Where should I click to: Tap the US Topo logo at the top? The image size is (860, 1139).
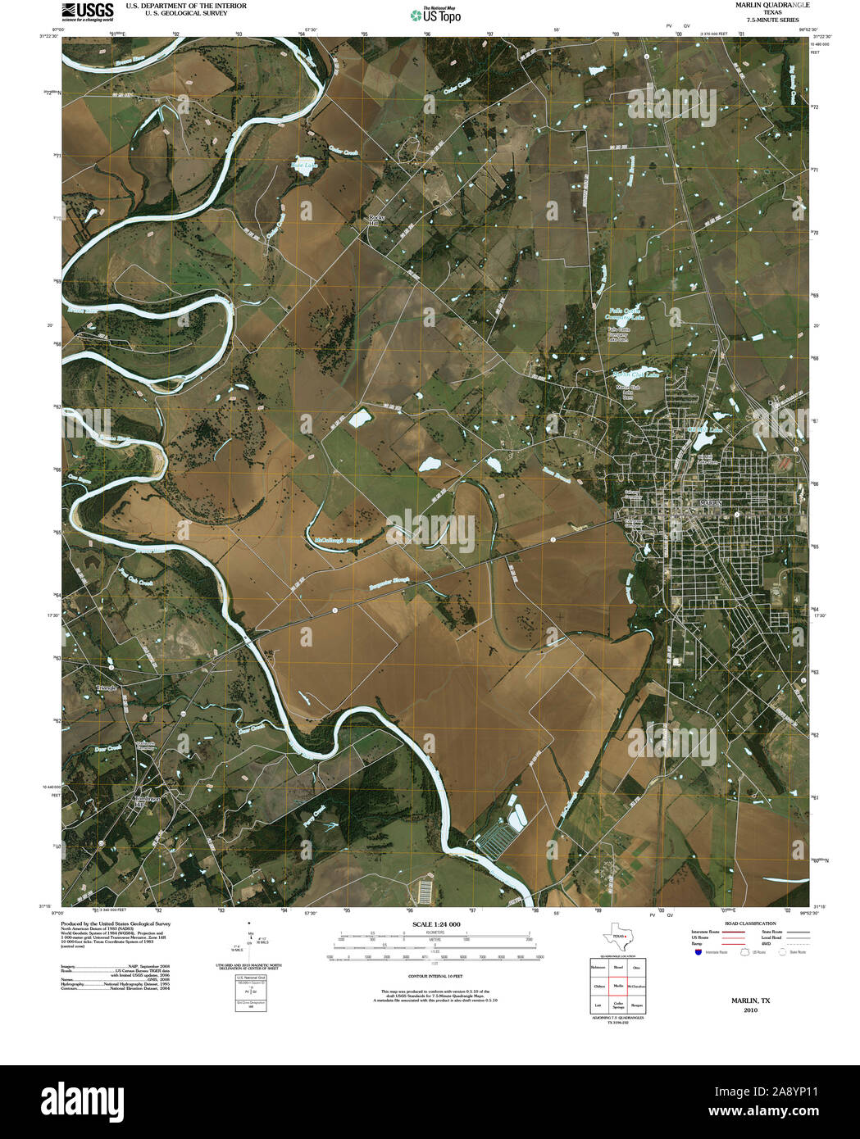(435, 14)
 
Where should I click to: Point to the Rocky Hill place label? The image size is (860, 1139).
(375, 219)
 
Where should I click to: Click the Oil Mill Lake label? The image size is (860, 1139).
(706, 429)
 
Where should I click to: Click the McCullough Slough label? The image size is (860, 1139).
(339, 542)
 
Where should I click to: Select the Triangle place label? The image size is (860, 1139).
(107, 687)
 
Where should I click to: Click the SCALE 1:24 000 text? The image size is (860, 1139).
(436, 924)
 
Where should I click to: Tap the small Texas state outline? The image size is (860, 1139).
(617, 937)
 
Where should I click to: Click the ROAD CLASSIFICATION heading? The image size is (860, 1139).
(744, 923)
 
